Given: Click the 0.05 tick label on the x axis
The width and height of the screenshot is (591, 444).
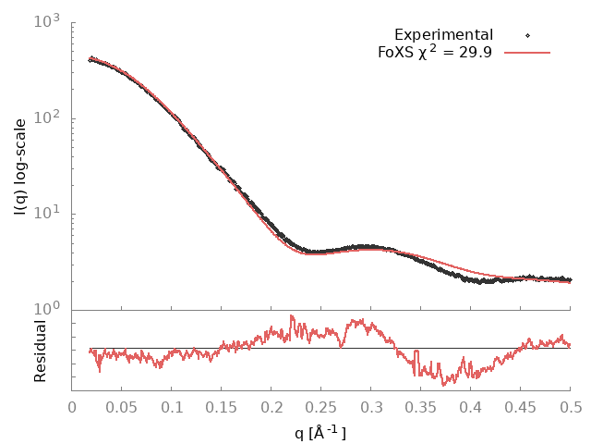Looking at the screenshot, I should (122, 407).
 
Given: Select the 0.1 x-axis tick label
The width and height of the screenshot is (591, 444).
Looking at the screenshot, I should (172, 407).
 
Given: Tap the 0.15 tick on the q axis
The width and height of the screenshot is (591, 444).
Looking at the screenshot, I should (222, 407).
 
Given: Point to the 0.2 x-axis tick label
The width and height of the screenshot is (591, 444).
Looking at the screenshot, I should (271, 407).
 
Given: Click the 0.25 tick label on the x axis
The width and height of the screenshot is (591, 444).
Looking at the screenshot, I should (321, 407).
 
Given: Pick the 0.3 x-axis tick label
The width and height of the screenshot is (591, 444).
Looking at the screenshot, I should (371, 407).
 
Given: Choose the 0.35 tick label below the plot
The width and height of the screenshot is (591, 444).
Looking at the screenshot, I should (421, 407).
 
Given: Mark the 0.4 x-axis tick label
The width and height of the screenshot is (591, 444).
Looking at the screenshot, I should (471, 407).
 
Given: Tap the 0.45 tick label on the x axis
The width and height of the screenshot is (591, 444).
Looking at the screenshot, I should (521, 407).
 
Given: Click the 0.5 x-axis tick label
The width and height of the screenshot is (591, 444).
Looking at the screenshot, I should (571, 407).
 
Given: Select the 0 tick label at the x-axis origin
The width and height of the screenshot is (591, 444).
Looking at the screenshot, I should (72, 407).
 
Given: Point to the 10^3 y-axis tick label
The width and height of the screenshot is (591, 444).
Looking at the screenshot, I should (48, 19).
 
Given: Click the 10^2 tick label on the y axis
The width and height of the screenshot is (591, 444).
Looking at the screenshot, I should (48, 117).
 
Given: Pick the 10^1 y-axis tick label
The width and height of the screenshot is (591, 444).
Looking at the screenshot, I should (48, 213).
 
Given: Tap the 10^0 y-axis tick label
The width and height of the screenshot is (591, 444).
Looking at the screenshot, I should (48, 309).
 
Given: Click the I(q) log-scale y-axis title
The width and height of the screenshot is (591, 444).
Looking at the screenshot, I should (20, 165).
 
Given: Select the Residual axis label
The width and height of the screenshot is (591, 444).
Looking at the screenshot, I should (40, 351).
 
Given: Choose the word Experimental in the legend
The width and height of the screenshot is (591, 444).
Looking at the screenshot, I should (443, 35).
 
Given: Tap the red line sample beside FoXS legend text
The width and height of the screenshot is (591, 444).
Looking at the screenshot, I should (527, 53).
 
